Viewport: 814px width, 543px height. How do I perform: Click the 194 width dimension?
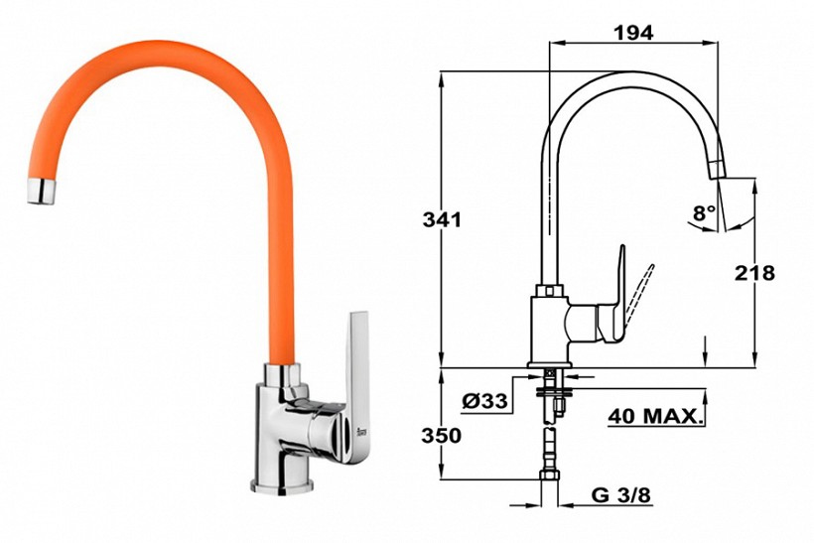(x=633, y=33)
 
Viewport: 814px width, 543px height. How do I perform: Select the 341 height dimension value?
(x=442, y=219)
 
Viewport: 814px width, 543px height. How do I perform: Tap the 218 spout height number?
(x=754, y=273)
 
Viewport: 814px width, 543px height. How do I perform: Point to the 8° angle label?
(x=704, y=212)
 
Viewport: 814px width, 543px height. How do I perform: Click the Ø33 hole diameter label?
(x=484, y=401)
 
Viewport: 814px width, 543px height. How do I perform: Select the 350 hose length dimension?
(x=442, y=436)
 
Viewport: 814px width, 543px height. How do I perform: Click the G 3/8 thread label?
(x=620, y=495)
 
